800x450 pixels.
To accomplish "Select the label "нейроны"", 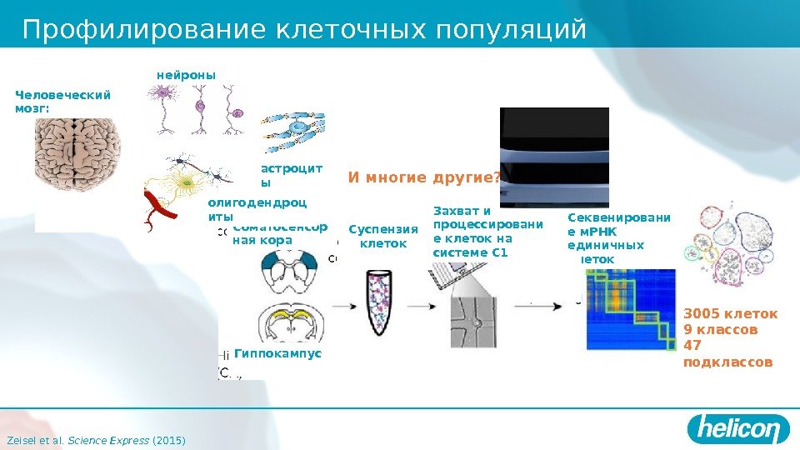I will point(186,75).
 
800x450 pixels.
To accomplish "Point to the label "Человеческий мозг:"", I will point(62,102).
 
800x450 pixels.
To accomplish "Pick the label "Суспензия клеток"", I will point(382,236).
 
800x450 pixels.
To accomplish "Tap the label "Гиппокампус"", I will point(277,354).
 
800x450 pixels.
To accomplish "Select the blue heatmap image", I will point(630,308).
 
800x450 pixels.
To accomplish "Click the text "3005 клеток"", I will point(730,314).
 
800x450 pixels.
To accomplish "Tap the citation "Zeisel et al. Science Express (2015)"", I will point(95,439).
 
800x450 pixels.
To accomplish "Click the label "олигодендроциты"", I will point(257,208).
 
